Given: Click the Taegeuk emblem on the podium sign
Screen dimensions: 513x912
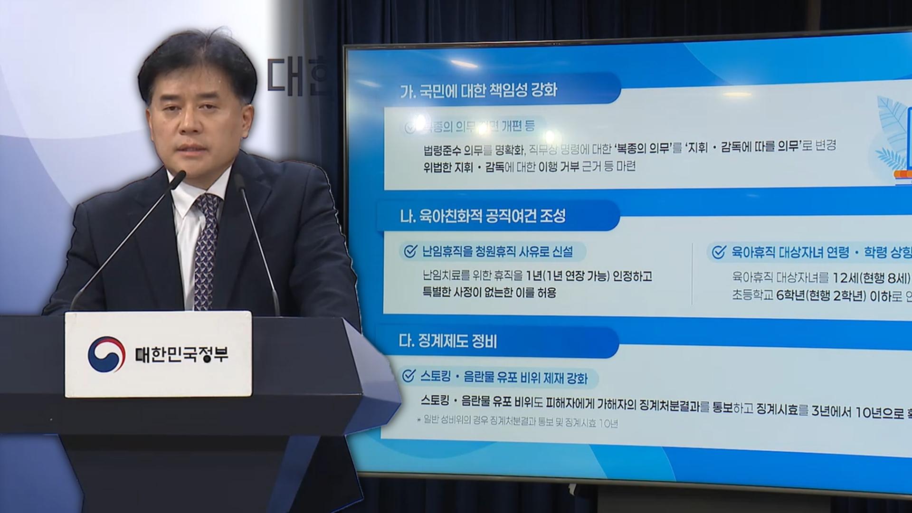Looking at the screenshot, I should (106, 354).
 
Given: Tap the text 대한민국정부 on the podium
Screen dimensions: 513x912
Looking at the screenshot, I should (182, 354).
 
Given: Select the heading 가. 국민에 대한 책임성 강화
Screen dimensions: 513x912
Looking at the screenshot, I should (479, 90).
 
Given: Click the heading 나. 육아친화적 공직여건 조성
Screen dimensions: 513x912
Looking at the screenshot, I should (483, 217).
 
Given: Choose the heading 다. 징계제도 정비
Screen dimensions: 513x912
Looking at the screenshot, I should (448, 341).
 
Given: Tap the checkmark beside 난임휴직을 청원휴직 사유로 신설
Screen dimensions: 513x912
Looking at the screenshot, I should (409, 251).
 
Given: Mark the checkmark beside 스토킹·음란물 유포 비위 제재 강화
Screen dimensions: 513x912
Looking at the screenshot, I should (408, 376).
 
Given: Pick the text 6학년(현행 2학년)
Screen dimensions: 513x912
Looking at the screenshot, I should (821, 296).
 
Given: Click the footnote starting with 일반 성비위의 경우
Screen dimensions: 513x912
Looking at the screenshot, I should (518, 423).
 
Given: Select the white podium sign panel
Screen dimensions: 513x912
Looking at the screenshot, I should (158, 354).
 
